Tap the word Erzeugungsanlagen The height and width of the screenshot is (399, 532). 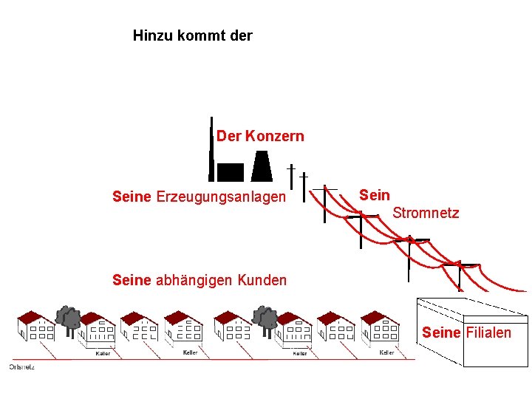[x=221, y=197]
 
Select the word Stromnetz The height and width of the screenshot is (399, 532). [x=426, y=214]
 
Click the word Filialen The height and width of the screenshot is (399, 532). [x=488, y=332]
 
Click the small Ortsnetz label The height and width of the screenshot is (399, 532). [x=21, y=366]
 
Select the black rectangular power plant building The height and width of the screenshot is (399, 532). [x=230, y=171]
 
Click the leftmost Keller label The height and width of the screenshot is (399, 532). [x=103, y=353]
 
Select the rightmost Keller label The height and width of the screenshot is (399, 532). [x=386, y=352]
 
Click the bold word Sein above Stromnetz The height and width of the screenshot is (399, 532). [x=375, y=195]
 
